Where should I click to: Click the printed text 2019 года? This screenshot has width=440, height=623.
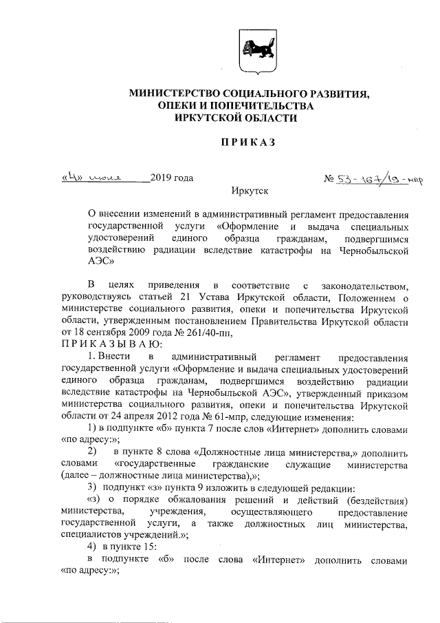pyautogui.click(x=171, y=178)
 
